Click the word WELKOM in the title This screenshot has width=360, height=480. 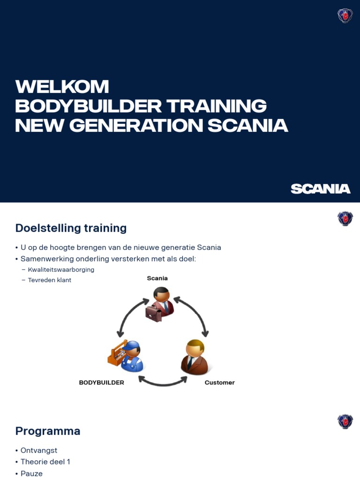(62, 87)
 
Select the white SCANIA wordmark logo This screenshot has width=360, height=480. (321, 189)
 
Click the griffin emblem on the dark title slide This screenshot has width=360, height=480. (345, 16)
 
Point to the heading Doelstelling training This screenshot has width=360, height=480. (71, 228)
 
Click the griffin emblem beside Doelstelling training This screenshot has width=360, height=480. (345, 218)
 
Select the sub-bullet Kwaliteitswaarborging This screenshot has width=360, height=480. (61, 270)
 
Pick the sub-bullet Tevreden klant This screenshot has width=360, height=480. (49, 280)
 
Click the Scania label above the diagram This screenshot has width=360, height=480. (157, 278)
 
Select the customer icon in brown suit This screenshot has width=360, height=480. (194, 357)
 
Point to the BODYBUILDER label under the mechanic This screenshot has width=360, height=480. (101, 382)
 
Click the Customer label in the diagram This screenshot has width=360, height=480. (219, 382)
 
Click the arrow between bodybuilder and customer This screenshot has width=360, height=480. (163, 381)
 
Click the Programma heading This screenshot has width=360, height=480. (47, 431)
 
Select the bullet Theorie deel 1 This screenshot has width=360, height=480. (45, 462)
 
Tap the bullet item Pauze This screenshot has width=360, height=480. (31, 473)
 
